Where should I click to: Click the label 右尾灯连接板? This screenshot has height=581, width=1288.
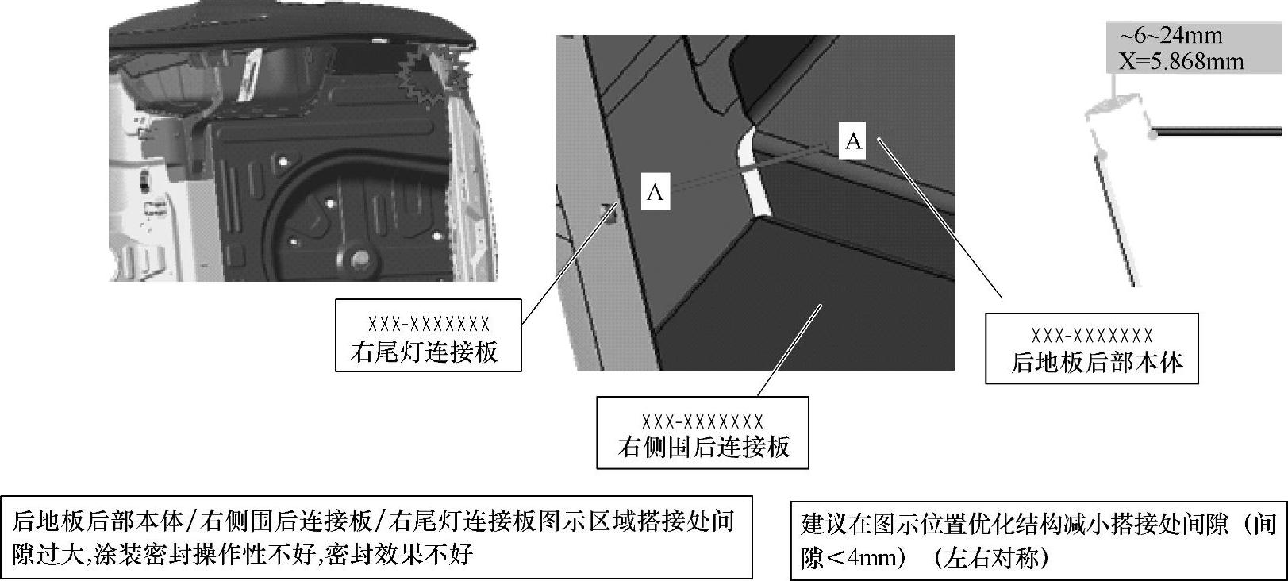425,352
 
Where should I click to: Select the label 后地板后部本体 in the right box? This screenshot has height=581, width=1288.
1097,363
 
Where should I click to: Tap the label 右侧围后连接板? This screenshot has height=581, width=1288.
704,447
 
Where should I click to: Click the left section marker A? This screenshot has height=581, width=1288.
656,192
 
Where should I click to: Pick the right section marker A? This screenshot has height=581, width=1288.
853,141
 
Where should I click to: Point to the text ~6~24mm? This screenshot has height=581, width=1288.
1171,36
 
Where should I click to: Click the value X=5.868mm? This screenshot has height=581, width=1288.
1181,61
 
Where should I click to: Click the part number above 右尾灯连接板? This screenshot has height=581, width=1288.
429,325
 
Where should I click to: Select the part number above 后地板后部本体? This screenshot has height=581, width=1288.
1092,336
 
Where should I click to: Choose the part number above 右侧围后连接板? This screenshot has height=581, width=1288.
702,422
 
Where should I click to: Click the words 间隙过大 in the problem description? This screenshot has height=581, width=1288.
49,555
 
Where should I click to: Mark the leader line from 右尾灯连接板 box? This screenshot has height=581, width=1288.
569,264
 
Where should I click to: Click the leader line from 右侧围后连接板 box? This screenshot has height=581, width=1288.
790,350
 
